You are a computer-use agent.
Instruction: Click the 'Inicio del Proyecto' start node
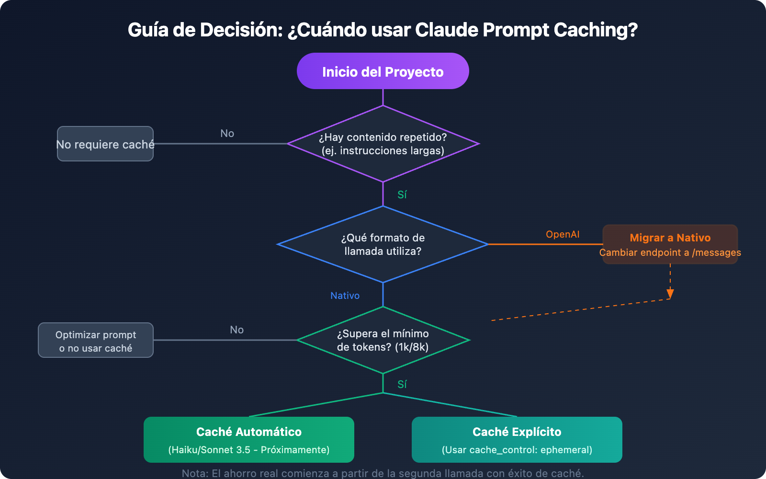(x=383, y=71)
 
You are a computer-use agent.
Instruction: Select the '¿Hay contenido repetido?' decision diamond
(x=383, y=144)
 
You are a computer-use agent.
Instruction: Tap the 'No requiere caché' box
(x=105, y=144)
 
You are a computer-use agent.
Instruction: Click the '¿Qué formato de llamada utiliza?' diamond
(x=383, y=244)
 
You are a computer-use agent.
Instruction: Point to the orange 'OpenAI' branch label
(x=563, y=234)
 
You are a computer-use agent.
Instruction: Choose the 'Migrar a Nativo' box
(x=670, y=238)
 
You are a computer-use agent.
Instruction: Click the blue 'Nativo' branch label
(x=345, y=296)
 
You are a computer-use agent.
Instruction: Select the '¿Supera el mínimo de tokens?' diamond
(x=383, y=340)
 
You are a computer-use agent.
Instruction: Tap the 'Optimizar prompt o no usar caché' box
(x=96, y=341)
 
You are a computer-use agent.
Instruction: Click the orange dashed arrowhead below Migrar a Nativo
(x=670, y=294)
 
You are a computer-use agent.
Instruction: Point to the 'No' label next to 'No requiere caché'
(x=227, y=134)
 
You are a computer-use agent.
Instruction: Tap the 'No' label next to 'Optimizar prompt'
(x=237, y=330)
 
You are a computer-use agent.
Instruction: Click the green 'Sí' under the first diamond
(x=402, y=194)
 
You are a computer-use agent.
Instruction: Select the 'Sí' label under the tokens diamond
(x=402, y=384)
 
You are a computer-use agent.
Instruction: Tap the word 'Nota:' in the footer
(x=195, y=473)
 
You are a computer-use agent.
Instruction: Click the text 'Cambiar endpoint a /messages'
(x=670, y=252)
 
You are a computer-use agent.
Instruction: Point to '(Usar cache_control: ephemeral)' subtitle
(x=517, y=450)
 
